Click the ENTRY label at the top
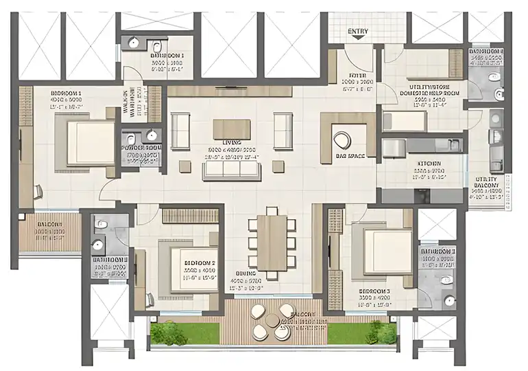coord(358,32)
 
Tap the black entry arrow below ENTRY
coord(357,41)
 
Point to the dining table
coord(272,243)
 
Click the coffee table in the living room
coord(230,129)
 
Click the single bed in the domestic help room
coord(405,121)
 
